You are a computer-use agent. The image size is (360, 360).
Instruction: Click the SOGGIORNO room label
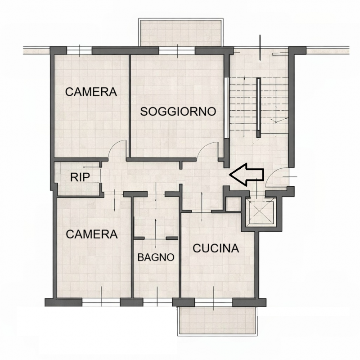pyautogui.click(x=178, y=111)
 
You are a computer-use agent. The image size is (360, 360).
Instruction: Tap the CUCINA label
pyautogui.click(x=216, y=248)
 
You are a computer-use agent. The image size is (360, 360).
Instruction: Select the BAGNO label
pyautogui.click(x=156, y=257)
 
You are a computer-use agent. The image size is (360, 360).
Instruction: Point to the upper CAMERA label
pyautogui.click(x=91, y=92)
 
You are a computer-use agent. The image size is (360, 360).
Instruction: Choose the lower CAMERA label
pyautogui.click(x=92, y=234)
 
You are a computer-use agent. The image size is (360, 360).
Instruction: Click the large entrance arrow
pyautogui.click(x=246, y=175)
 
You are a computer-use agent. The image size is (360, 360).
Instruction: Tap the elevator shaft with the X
pyautogui.click(x=260, y=212)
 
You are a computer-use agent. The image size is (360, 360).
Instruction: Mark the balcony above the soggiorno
pyautogui.click(x=181, y=32)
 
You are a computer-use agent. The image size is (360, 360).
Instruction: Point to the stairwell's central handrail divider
pyautogui.click(x=258, y=108)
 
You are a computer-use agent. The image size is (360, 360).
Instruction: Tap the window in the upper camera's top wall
pyautogui.click(x=79, y=50)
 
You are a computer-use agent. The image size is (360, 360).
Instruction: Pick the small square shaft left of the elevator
pyautogui.click(x=233, y=204)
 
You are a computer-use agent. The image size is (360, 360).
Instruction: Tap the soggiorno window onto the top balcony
pyautogui.click(x=177, y=50)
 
